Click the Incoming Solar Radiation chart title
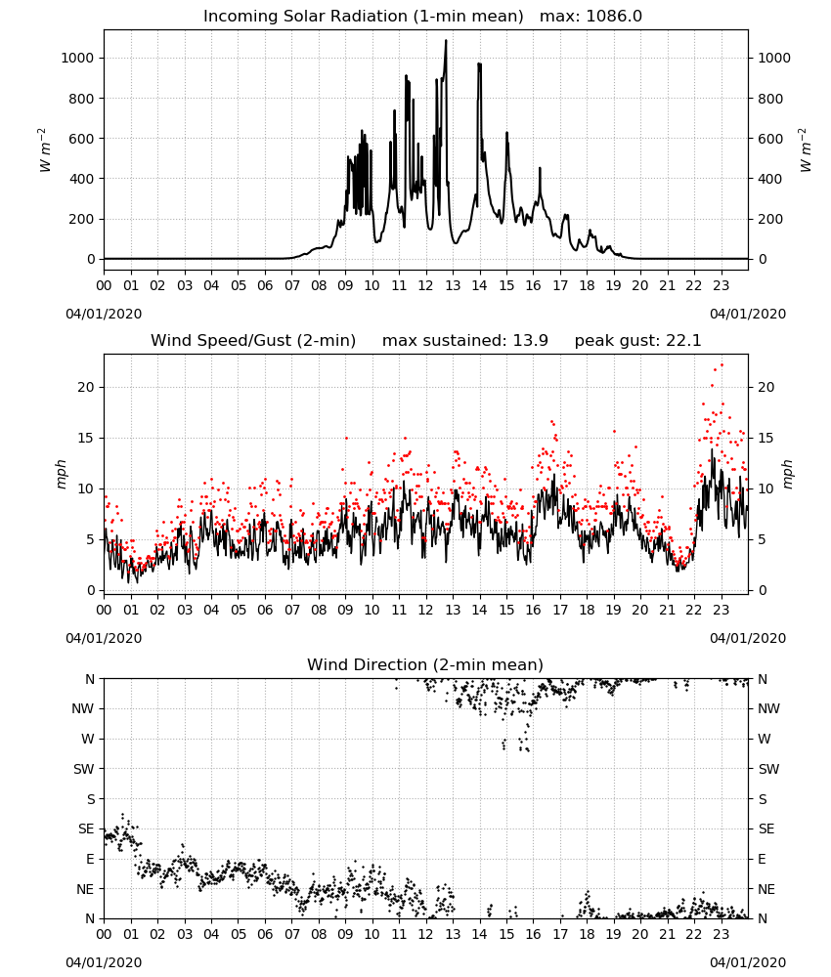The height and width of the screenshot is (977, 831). click(364, 17)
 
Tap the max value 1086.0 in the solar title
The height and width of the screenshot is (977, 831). click(614, 17)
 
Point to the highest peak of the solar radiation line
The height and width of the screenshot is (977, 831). click(446, 41)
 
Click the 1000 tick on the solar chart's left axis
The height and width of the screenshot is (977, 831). click(77, 58)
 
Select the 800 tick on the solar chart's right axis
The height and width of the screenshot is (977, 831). click(770, 99)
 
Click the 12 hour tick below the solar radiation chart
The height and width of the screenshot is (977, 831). click(425, 286)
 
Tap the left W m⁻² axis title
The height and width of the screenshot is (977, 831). click(44, 150)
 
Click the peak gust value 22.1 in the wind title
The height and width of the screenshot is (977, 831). click(685, 341)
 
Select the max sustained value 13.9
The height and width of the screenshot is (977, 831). click(531, 341)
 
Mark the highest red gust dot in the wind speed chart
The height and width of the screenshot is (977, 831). click(722, 365)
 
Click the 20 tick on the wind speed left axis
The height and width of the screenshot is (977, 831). click(86, 387)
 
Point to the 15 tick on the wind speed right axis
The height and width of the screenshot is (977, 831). click(766, 438)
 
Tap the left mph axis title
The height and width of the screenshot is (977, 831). click(61, 474)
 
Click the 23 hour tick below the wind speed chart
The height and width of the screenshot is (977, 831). click(721, 610)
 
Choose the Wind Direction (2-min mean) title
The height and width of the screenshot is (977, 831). click(425, 664)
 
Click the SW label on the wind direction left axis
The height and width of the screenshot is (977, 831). click(83, 769)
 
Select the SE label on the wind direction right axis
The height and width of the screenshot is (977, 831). click(766, 828)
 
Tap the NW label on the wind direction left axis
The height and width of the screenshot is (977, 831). click(83, 708)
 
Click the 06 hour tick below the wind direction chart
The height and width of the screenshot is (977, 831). click(265, 934)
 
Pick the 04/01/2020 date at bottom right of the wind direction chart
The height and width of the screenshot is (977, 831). click(748, 962)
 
